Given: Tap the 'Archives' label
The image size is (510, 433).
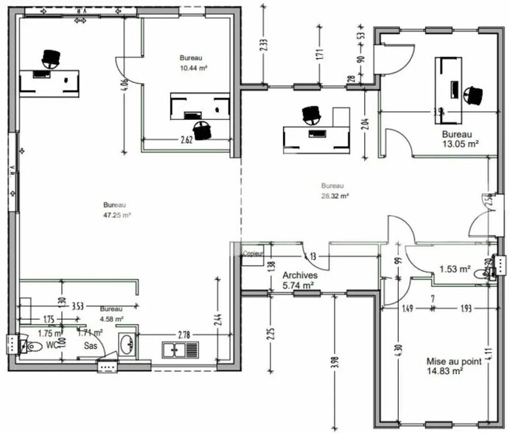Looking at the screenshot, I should [x=299, y=275].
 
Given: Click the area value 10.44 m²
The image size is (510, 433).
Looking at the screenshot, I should [x=193, y=68].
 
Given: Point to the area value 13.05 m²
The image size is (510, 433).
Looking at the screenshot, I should [x=461, y=144].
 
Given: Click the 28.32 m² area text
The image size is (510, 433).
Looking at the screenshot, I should [x=335, y=197].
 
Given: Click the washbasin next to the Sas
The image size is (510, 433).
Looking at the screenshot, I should [x=127, y=342].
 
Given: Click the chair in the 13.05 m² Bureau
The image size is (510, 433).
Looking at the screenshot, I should [x=475, y=94].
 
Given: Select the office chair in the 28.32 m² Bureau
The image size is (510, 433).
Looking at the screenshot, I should [x=311, y=114].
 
